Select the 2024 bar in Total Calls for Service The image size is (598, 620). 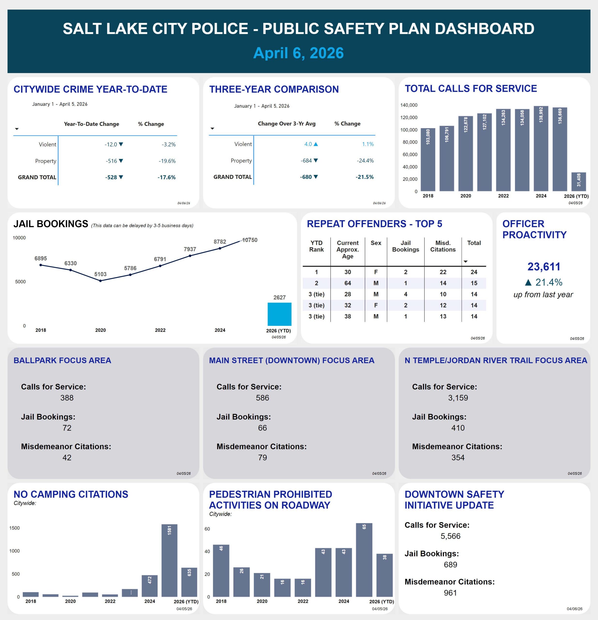click(541, 149)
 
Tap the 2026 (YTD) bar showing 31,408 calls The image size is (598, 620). click(578, 182)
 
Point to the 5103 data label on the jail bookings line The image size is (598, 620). click(100, 274)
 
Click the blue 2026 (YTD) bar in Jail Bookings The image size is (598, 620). click(279, 314)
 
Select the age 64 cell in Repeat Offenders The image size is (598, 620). click(348, 283)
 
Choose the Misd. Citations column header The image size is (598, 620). click(443, 246)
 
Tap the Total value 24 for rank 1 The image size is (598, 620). click(474, 272)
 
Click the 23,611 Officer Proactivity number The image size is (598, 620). click(543, 267)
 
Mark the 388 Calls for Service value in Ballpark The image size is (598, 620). click(67, 398)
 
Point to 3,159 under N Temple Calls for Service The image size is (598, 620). click(458, 398)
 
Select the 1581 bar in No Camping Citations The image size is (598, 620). click(169, 560)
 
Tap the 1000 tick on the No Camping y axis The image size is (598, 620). click(14, 551)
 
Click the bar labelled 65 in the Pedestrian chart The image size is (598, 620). click(364, 560)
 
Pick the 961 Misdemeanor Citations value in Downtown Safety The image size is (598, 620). click(450, 593)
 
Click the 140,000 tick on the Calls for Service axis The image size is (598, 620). click(409, 105)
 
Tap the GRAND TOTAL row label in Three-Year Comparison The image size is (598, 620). click(232, 177)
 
